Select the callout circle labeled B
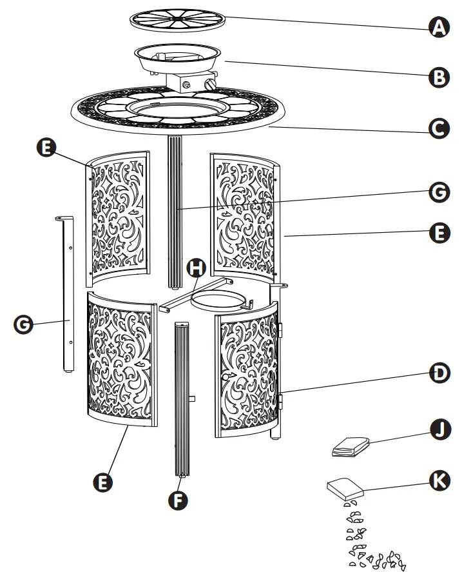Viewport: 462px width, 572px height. pyautogui.click(x=439, y=77)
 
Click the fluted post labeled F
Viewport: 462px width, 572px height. pyautogui.click(x=181, y=400)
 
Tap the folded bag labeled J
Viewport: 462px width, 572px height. pyautogui.click(x=351, y=447)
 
